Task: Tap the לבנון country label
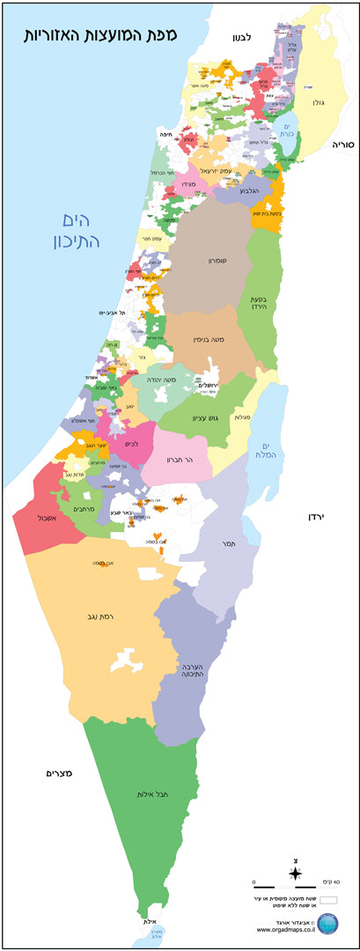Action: tap(242, 37)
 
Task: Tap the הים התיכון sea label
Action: tap(81, 230)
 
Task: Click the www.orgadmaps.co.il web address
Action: tap(286, 928)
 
